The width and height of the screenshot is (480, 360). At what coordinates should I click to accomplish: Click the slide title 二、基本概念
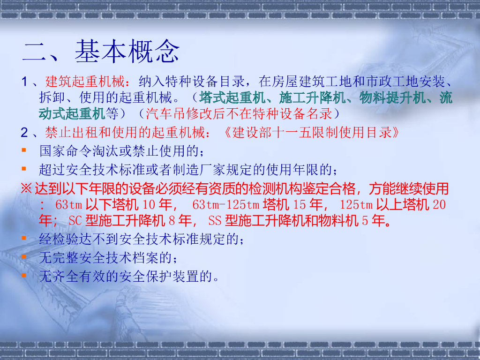[101, 52]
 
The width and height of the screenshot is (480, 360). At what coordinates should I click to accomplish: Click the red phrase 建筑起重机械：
[85, 82]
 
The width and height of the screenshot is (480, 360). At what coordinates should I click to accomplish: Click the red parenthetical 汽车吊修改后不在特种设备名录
[239, 113]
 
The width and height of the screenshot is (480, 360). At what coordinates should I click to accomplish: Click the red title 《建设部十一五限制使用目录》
[311, 132]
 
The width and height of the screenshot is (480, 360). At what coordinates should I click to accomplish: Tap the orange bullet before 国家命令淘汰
[24, 150]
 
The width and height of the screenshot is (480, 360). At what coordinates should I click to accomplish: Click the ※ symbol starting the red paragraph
[26, 189]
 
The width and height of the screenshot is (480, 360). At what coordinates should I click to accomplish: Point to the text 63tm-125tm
[226, 205]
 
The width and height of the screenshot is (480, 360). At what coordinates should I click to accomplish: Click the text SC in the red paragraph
[75, 220]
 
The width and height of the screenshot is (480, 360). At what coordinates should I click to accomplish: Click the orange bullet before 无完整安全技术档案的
[24, 256]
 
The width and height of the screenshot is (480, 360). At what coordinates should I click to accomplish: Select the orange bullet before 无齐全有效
[24, 275]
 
